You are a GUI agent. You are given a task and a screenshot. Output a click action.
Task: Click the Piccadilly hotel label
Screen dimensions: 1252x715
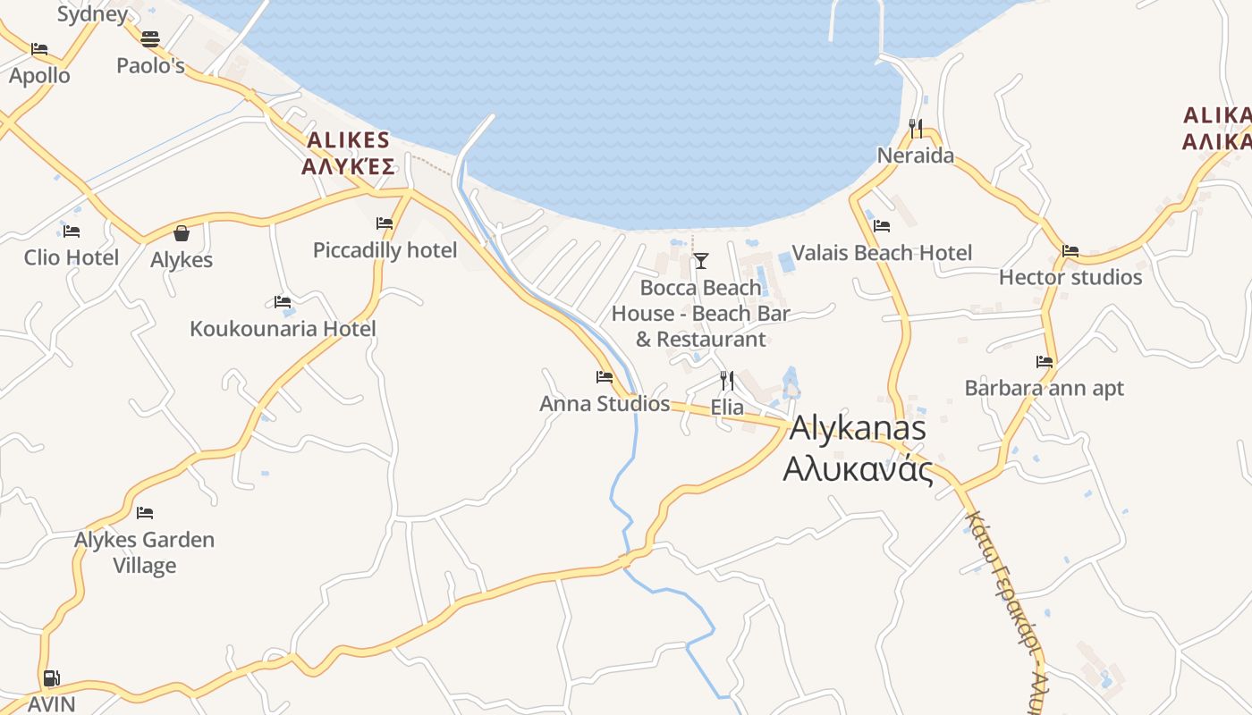click(385, 250)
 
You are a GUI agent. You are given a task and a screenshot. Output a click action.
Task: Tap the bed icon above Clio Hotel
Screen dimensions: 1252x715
click(72, 231)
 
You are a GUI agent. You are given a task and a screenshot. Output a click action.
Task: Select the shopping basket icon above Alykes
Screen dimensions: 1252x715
click(182, 233)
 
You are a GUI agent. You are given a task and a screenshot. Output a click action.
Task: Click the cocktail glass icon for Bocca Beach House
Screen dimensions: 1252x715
click(701, 261)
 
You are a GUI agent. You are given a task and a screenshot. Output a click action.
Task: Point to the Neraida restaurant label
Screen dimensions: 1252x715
click(915, 156)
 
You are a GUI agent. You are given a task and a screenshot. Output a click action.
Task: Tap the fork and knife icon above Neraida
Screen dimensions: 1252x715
click(916, 130)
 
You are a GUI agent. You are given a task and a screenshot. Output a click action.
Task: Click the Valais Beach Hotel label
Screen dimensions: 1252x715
click(882, 253)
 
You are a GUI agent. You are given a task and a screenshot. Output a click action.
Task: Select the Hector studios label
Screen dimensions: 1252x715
click(1070, 277)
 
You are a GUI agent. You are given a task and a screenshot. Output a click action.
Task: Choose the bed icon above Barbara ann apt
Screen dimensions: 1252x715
click(1045, 362)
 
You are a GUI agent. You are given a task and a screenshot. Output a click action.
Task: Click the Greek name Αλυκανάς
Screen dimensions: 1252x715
click(858, 469)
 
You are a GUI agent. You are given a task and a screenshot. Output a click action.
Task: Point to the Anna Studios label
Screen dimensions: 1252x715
click(605, 404)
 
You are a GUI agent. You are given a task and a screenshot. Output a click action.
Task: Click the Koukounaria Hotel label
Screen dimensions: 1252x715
click(283, 328)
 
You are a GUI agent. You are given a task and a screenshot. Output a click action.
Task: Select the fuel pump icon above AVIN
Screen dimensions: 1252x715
click(52, 678)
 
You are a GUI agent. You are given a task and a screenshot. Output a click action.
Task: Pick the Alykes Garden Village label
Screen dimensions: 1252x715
click(144, 552)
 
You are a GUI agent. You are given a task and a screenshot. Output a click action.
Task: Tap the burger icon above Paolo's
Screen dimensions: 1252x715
click(150, 39)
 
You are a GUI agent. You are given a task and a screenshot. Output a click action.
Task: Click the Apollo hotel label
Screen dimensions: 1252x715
click(39, 75)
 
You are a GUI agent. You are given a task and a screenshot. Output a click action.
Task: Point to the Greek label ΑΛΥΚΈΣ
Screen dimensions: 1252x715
click(348, 166)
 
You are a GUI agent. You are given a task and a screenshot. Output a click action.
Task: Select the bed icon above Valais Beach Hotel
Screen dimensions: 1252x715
click(882, 226)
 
